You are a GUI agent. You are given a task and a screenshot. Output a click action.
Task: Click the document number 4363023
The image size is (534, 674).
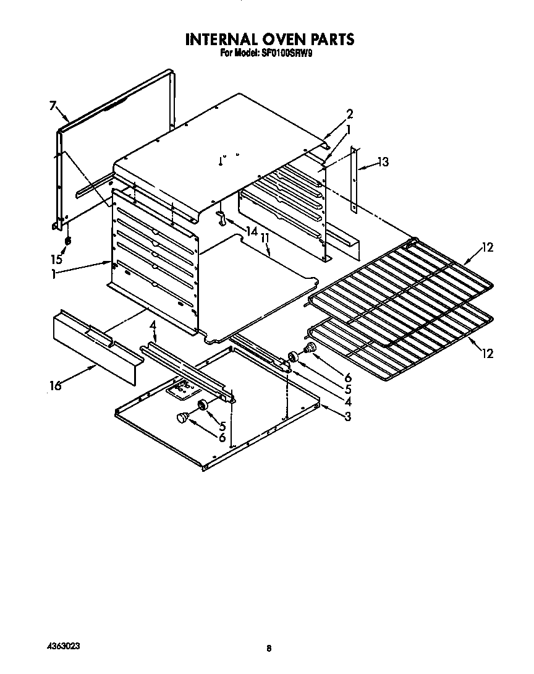pos(64,646)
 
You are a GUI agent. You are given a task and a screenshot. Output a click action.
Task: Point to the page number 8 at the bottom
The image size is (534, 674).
pos(268,649)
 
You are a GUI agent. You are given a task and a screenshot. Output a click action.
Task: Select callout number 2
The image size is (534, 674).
pos(350,114)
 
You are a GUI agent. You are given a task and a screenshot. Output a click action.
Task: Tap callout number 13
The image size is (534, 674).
pos(383,162)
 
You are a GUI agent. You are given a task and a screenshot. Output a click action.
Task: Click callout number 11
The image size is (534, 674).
pos(265,237)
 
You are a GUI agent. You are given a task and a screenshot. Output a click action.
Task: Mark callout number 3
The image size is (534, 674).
pos(348,416)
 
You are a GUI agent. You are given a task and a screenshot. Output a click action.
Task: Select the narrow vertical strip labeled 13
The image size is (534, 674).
pos(354,179)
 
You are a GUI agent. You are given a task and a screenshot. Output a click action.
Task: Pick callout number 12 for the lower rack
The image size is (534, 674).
pos(488,353)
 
